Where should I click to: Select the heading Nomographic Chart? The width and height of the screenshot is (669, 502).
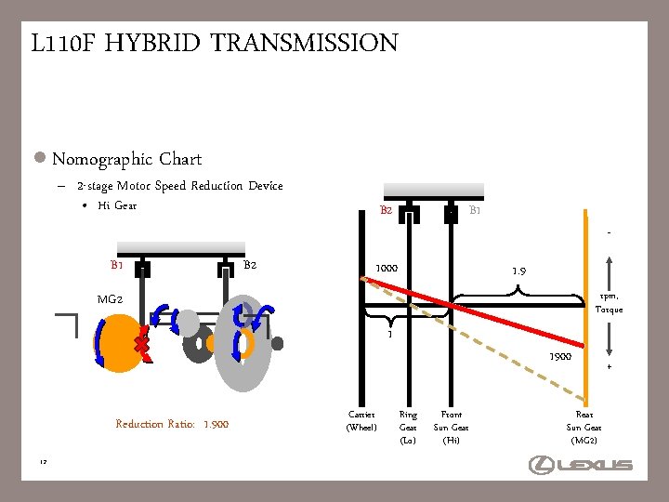coord(126,159)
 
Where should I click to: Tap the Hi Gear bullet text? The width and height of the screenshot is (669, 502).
coord(117,205)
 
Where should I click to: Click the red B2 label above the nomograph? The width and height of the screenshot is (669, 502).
coord(387,211)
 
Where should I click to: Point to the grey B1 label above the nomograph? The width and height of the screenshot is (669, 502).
coord(475,211)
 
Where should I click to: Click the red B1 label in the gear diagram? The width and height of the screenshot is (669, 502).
coord(117,266)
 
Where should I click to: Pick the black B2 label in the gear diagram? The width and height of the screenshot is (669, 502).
coord(249,266)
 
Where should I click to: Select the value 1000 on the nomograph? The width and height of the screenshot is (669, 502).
coord(387,270)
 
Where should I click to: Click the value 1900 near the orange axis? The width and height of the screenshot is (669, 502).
coord(560,356)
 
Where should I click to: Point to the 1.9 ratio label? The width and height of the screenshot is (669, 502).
coord(520,271)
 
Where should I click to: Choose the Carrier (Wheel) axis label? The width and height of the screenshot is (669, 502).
coord(361,420)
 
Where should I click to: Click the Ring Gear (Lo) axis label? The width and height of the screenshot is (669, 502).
coord(408,427)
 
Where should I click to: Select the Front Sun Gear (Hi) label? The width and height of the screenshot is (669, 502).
coord(452,427)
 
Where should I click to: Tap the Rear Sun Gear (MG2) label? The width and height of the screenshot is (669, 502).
coord(584,427)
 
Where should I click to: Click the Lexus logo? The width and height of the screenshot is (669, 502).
coord(581,464)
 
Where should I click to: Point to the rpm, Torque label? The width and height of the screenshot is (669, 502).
coord(610,303)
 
